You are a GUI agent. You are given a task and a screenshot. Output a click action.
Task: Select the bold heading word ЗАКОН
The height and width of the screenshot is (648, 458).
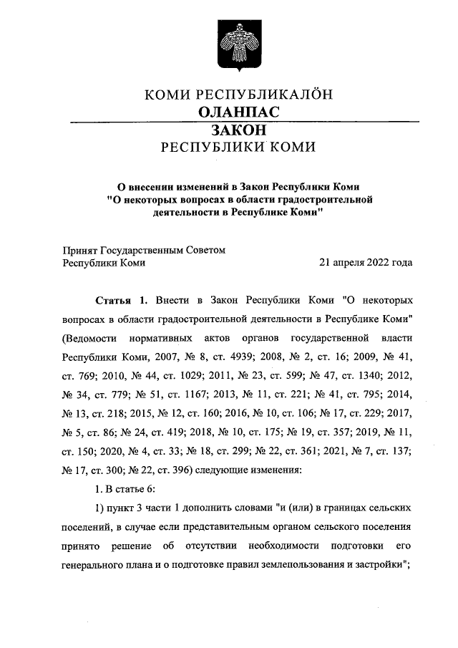pyautogui.click(x=238, y=130)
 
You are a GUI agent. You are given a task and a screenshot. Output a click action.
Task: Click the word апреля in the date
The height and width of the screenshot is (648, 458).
pyautogui.click(x=346, y=262)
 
